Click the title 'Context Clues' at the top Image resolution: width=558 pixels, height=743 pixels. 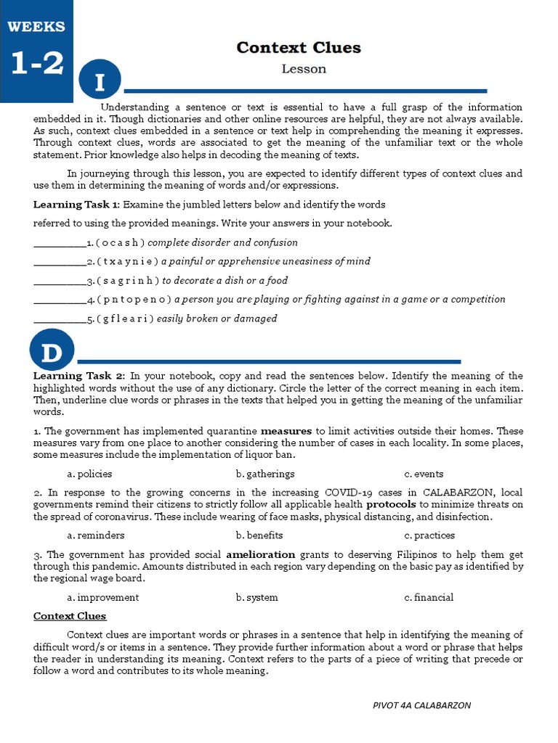click(298, 48)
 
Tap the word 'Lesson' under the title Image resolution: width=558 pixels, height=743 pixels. click(304, 69)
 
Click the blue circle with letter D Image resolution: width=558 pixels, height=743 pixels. click(52, 352)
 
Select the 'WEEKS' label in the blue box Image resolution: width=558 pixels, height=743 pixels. click(36, 27)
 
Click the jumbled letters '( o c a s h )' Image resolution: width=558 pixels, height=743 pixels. click(121, 242)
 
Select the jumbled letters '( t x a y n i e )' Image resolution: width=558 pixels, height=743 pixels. click(127, 261)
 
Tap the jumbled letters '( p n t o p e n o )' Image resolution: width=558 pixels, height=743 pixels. click(134, 299)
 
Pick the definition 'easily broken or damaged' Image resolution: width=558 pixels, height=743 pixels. click(217, 318)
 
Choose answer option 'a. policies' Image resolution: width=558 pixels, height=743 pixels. click(89, 474)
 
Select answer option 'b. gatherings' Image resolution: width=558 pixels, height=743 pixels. click(264, 474)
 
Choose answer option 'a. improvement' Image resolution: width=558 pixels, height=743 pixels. click(102, 597)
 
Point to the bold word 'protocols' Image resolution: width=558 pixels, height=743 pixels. click(391, 504)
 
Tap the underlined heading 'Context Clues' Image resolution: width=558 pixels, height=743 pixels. click(70, 616)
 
